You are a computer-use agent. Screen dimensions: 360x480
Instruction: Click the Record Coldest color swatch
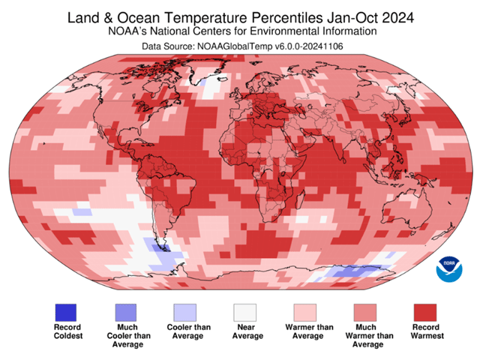pyautogui.click(x=66, y=312)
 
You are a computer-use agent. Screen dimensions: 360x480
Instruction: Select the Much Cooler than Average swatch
pyautogui.click(x=126, y=312)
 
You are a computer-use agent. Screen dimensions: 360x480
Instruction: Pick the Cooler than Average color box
pyautogui.click(x=185, y=312)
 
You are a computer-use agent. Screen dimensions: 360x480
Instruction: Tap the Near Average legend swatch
pyautogui.click(x=245, y=312)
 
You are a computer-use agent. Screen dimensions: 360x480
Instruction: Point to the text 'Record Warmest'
pyautogui.click(x=425, y=331)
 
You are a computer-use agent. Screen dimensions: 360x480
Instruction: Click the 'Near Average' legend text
pyautogui.click(x=245, y=331)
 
